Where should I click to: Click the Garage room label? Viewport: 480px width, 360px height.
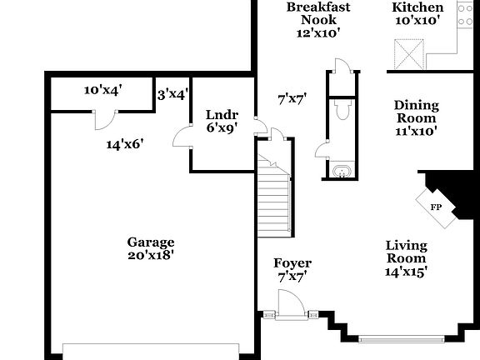point(150,242)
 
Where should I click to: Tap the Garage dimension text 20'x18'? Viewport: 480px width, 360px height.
point(150,256)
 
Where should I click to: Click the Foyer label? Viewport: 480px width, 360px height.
point(292,263)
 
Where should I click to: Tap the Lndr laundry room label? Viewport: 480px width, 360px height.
point(222,115)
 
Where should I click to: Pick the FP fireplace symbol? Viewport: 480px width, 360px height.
point(435,207)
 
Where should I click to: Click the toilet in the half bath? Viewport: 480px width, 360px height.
point(340,111)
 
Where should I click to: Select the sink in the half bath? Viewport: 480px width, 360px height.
point(340,172)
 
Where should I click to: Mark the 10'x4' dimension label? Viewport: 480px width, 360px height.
point(103,91)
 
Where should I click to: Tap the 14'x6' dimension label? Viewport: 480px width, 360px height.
point(125,144)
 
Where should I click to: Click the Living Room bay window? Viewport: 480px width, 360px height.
point(400,338)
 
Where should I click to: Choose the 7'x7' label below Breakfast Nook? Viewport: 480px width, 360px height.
point(292,98)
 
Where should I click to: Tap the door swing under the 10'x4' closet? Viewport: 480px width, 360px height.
point(103,120)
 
